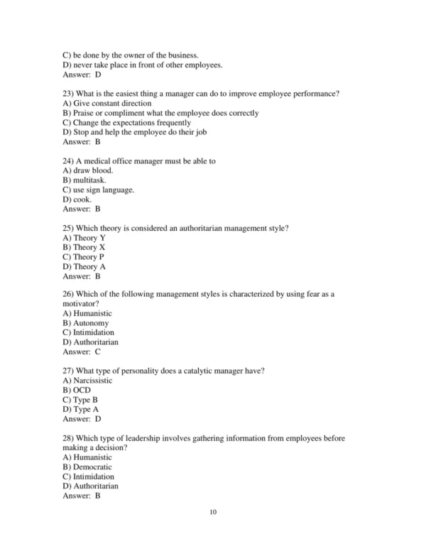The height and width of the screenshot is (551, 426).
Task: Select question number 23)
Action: coord(70,94)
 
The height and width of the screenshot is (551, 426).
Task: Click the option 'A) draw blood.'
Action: coord(87,171)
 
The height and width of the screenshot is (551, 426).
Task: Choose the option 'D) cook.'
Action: coord(77,200)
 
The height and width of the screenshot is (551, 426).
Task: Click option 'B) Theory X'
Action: coord(84,247)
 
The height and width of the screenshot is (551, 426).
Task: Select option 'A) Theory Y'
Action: coord(84,238)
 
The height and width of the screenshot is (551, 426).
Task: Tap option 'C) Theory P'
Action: coord(84,257)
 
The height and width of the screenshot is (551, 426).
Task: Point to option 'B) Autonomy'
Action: coord(85,323)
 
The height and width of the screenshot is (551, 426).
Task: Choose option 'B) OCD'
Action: coord(77,391)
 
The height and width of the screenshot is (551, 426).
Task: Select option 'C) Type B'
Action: coord(80,400)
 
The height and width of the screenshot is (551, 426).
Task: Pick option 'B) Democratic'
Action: coord(88,467)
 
